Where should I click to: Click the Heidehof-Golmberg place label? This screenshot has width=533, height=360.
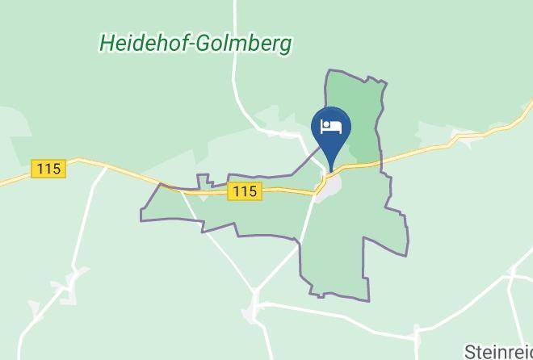195,44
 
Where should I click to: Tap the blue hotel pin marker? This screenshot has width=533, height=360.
331,129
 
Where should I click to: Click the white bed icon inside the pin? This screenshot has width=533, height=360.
331,126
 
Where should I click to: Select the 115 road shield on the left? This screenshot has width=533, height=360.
48,169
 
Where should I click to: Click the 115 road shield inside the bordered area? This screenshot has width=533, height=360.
246,191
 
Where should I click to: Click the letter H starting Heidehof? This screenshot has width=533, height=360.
107,44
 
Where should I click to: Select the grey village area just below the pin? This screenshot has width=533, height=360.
329,189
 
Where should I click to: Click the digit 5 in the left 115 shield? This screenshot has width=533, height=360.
57,169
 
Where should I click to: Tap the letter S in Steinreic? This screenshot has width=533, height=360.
470,352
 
